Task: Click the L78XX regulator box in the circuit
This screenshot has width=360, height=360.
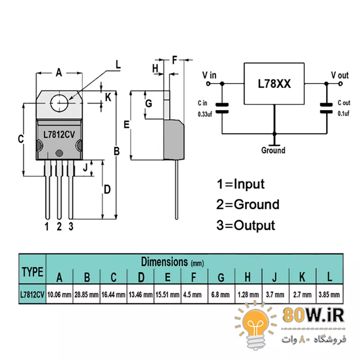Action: (274, 84)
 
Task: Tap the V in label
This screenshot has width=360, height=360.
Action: (209, 74)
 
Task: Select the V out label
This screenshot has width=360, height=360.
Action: (340, 75)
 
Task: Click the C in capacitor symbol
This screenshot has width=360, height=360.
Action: (222, 108)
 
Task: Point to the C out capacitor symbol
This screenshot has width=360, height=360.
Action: (326, 108)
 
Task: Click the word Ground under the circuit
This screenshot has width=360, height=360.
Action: (273, 150)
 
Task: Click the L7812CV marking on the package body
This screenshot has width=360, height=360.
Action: (59, 135)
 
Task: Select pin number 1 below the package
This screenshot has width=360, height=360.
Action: (47, 226)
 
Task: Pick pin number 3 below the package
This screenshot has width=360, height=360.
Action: (71, 226)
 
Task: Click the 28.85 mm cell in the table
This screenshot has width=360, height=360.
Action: (87, 295)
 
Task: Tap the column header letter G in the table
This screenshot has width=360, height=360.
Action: (221, 277)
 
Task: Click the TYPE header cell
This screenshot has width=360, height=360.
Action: (32, 272)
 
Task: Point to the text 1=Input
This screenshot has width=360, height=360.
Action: (240, 184)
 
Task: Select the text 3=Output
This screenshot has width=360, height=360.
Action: (245, 225)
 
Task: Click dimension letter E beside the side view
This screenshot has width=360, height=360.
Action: (127, 125)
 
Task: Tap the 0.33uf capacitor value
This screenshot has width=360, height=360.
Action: (204, 114)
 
